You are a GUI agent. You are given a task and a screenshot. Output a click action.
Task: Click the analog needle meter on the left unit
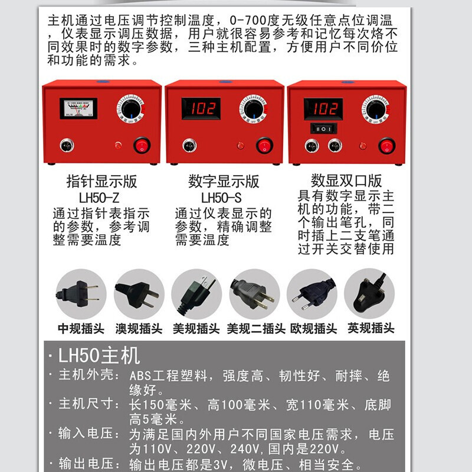pos(78,109)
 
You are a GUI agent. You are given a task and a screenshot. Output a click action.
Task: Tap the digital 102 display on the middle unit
pos(201,108)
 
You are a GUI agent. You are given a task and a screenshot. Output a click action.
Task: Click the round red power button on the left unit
pos(141,145)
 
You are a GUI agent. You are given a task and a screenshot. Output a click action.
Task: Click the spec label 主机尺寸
pos(87,405)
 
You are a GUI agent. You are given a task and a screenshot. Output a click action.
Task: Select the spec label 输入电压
pos(87,435)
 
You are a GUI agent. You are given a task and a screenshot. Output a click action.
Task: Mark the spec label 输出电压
pos(87,464)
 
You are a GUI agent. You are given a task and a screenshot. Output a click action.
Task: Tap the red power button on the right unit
pos(386,145)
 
